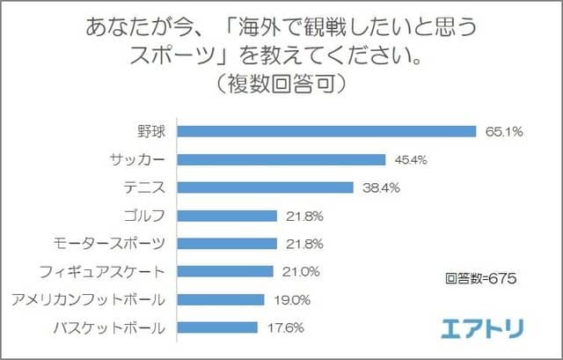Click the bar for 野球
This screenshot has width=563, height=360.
(326, 131)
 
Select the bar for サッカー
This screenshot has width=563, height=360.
(281, 159)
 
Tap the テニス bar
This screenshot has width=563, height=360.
(265, 187)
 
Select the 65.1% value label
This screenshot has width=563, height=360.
(504, 132)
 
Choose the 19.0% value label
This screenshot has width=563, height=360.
(291, 300)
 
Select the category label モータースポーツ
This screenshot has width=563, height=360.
(120, 244)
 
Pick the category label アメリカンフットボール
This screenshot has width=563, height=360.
(99, 300)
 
